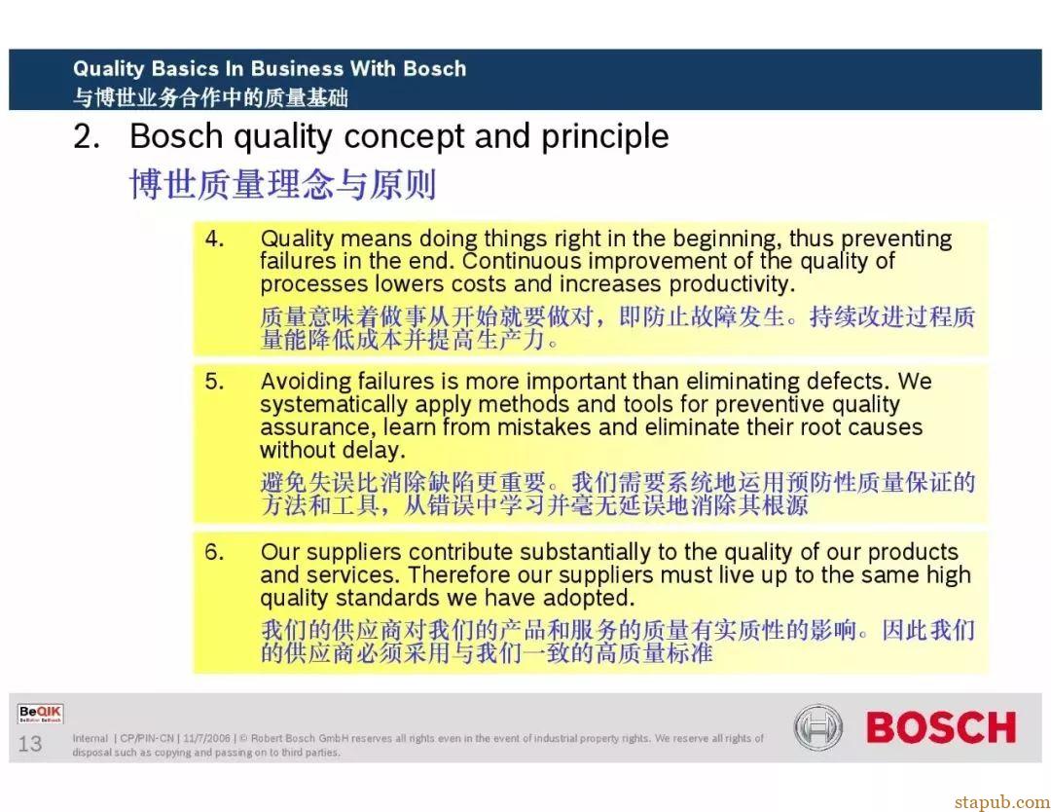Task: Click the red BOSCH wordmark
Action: (940, 727)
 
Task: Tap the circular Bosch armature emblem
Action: (817, 727)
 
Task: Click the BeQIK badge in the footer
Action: (40, 714)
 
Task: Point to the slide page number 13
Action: (30, 744)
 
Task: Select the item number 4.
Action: (214, 239)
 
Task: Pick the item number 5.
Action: (214, 382)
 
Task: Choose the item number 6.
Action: (214, 552)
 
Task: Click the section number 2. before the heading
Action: (88, 136)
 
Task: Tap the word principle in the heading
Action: (604, 137)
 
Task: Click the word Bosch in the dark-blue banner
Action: (434, 68)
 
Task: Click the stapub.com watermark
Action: (1002, 802)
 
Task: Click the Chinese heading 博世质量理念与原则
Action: (283, 184)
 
